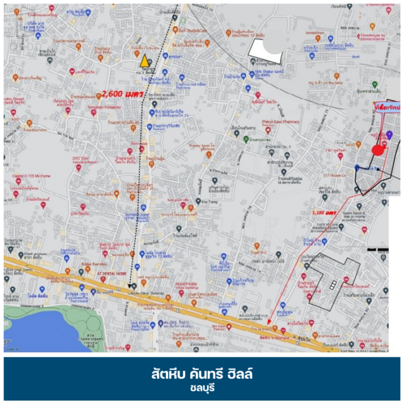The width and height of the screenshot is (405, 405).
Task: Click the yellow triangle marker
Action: tap(144, 61)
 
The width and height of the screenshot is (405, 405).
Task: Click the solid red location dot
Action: tap(379, 149)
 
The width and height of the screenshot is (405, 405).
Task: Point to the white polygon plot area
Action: tap(266, 49)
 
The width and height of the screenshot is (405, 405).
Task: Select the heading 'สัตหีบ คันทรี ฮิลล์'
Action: tap(202, 373)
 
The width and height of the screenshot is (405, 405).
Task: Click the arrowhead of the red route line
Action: tap(271, 313)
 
